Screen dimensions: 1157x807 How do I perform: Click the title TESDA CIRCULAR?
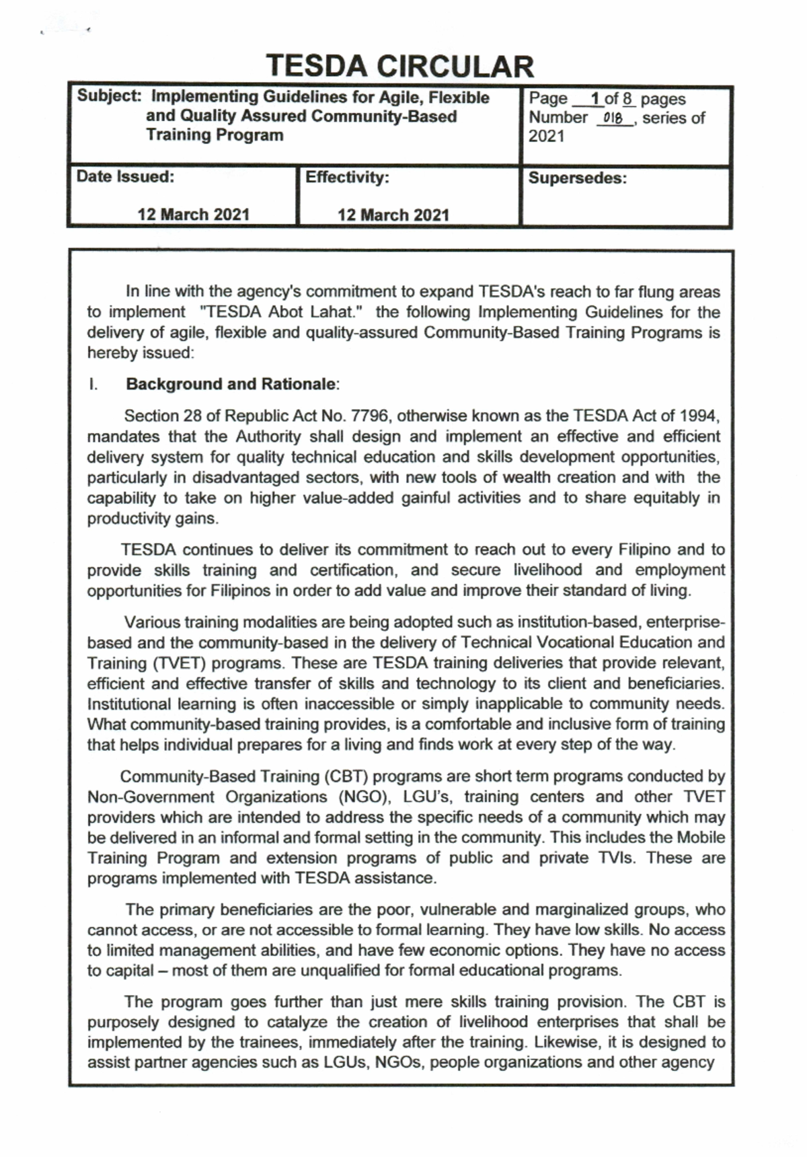[400, 66]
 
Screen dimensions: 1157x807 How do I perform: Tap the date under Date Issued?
[193, 215]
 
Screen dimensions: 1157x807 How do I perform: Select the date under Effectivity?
[393, 215]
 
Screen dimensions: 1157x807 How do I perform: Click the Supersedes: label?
[577, 178]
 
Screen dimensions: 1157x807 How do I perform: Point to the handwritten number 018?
[614, 118]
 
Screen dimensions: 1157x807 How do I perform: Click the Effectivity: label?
[347, 178]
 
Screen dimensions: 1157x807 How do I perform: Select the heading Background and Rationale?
[232, 384]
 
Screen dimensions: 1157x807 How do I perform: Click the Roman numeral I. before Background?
[93, 384]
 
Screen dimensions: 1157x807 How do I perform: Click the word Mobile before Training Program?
[700, 837]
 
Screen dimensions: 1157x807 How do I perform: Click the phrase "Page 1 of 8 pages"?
[607, 99]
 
